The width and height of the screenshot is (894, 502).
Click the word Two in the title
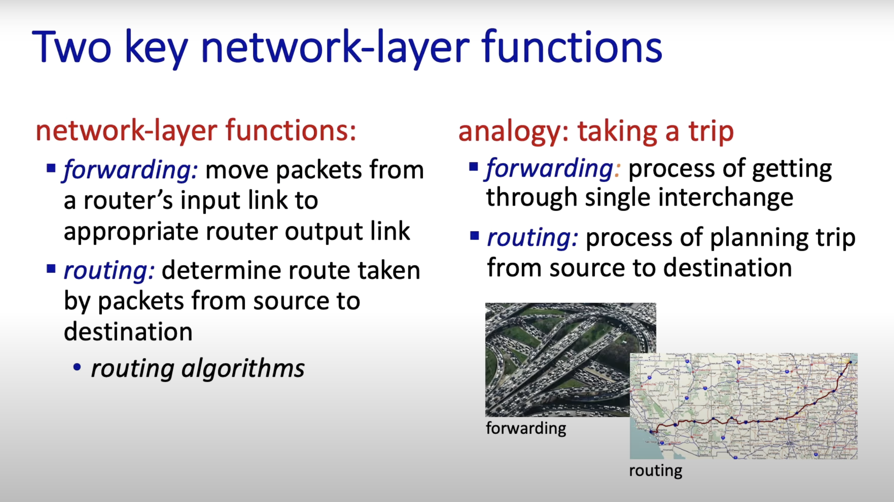[x=71, y=47]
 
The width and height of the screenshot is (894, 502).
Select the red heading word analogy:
[x=513, y=132]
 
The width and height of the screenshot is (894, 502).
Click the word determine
[x=221, y=271]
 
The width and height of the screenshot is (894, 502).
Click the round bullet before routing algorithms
[x=77, y=367]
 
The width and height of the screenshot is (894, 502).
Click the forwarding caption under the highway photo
[x=526, y=428]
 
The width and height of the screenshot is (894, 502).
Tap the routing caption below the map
[x=656, y=471]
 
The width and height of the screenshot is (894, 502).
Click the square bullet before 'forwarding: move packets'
[x=51, y=169]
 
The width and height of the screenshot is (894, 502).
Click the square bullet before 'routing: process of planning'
[x=474, y=236]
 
